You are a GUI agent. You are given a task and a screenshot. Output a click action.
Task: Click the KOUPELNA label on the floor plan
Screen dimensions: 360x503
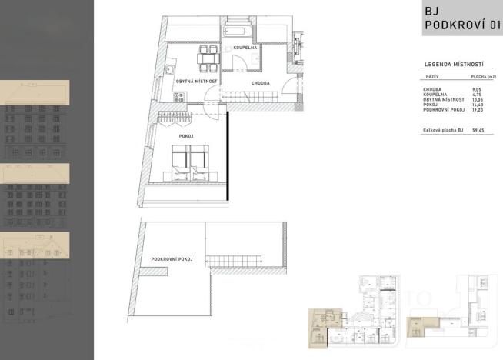245,48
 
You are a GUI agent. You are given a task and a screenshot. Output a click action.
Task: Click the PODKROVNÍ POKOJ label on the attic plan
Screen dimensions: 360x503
172,259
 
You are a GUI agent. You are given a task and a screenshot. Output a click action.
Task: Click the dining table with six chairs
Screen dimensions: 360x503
208,58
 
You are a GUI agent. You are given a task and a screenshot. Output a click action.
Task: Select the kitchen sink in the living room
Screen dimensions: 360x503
168,69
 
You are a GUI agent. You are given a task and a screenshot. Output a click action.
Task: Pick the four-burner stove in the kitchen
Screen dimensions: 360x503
178,97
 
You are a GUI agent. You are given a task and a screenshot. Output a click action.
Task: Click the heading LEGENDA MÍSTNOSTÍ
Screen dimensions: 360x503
453,65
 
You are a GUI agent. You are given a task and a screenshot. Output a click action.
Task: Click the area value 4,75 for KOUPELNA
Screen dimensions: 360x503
477,95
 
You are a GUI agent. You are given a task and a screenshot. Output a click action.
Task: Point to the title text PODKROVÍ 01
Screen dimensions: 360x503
462,26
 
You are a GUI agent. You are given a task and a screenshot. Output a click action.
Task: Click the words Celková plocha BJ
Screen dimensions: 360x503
441,131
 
